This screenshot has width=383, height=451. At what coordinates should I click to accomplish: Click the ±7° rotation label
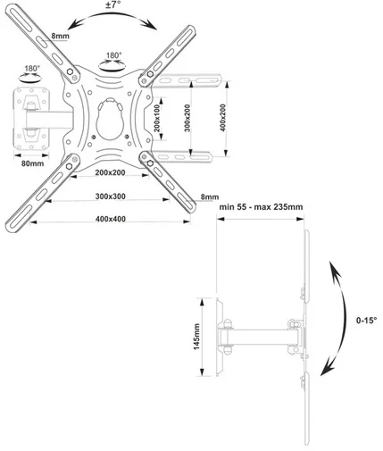click(112, 5)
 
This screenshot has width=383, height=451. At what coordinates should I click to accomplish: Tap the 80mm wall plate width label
click(32, 163)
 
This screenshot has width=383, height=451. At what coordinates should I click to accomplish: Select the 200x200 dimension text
click(110, 172)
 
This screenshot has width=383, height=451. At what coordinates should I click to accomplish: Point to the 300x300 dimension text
click(111, 196)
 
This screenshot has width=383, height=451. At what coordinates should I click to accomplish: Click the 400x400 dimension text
click(111, 219)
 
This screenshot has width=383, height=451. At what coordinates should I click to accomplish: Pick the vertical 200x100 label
click(157, 119)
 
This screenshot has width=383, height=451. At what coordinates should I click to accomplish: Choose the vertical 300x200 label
click(187, 118)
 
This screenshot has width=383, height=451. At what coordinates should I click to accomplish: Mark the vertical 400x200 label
click(222, 118)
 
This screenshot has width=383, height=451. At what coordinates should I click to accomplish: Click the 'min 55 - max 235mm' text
click(261, 207)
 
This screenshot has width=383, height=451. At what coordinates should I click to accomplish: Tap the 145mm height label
click(196, 337)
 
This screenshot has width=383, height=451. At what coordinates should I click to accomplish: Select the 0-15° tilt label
click(366, 321)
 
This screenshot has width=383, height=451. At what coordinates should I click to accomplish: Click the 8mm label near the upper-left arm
click(61, 36)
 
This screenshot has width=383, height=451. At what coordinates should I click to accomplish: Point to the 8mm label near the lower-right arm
click(210, 196)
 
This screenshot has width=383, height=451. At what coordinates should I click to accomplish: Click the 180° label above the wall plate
click(31, 69)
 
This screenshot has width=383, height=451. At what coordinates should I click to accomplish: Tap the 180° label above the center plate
click(114, 55)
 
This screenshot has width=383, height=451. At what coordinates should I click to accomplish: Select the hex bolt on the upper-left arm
click(71, 71)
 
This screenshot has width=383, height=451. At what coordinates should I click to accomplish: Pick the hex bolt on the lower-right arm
click(150, 163)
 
